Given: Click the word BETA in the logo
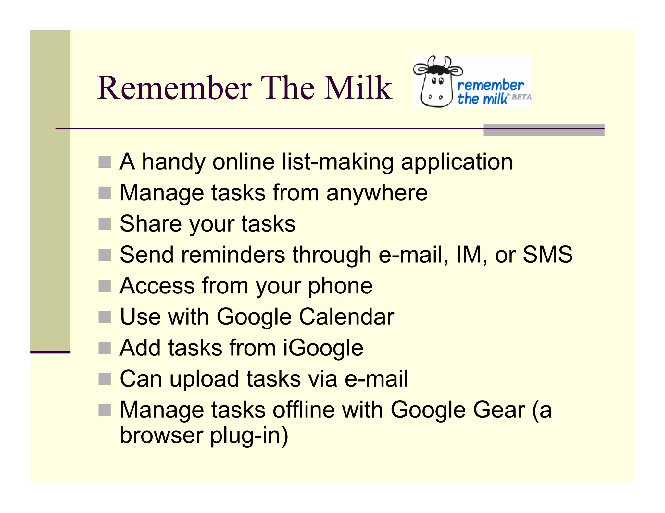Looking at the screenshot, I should coord(521,97).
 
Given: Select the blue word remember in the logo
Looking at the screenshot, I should coord(490,85).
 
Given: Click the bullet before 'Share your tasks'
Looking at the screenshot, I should coord(105,224).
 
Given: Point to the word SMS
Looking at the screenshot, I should coord(547,255).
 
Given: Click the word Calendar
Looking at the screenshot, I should coord(346,316).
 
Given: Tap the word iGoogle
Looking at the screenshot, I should coord(323,348).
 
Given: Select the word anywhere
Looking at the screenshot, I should coord(377,193).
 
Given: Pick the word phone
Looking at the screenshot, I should coord(340,286).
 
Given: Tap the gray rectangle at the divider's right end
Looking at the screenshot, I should coord(544,129).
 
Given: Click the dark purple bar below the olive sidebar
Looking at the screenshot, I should coord(50,352).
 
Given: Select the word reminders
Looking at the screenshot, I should coord(233,255).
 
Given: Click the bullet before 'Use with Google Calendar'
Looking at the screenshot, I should coord(105,317).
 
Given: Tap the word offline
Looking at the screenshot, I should coord(303,410).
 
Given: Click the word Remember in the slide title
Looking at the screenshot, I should coord(174,88).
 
